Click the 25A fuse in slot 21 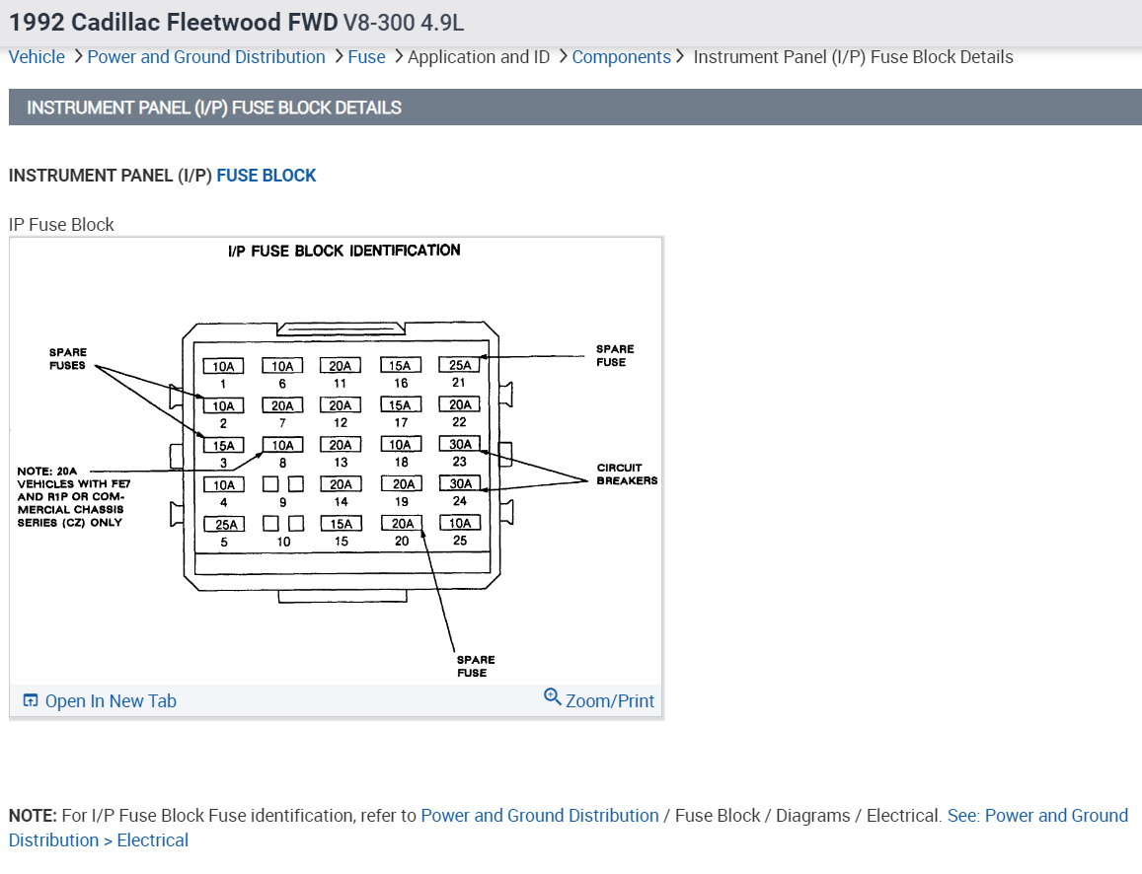coord(459,365)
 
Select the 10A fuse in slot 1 coord(224,366)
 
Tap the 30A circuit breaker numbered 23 coord(460,444)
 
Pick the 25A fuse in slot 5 coord(224,524)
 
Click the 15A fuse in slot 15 coord(342,524)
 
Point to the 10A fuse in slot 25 coord(460,523)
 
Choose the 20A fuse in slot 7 coord(282,405)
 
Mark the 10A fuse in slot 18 coord(401,445)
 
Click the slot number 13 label coord(341,463)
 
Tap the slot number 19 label coord(401,502)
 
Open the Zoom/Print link coord(609,700)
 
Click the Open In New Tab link coord(110,701)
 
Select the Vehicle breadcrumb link coord(37,57)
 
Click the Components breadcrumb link coord(621,57)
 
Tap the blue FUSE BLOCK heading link coord(266,176)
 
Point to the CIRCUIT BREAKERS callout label coord(627,474)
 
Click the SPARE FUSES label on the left coord(68,359)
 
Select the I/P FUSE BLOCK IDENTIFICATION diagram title coord(343,251)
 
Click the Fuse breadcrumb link coord(366,57)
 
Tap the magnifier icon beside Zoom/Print coord(553,697)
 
